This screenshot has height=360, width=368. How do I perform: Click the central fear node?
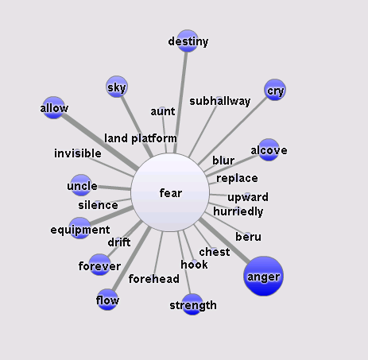[170, 192]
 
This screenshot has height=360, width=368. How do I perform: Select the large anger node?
[263, 276]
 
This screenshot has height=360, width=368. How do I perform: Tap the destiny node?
[188, 41]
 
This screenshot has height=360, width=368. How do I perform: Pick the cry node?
[275, 90]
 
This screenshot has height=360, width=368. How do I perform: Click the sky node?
[117, 87]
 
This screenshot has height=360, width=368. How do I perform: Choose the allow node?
[53, 107]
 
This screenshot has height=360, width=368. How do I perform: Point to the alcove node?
[269, 149]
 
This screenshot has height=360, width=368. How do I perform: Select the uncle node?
[81, 185]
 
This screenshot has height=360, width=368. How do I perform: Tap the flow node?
[107, 300]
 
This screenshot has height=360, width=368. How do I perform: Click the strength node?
[192, 304]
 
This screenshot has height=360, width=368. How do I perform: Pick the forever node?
[99, 265]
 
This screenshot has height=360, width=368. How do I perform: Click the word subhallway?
[220, 101]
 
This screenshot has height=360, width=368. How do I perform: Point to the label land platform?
[141, 138]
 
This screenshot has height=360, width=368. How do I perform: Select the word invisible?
[78, 153]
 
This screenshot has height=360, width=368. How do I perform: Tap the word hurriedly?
[238, 211]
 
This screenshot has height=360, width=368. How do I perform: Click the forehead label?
[153, 279]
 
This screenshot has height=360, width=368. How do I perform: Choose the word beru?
[248, 237]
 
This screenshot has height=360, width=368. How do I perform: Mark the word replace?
[237, 179]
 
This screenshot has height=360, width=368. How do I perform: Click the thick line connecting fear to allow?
[99, 142]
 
